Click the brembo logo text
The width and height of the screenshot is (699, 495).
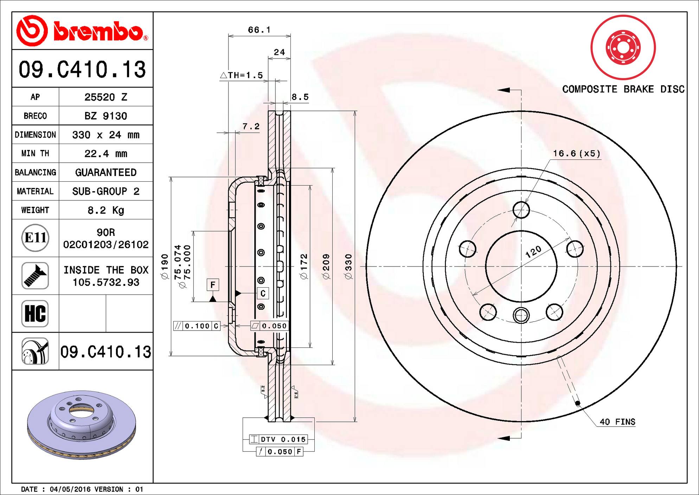pos(98,32)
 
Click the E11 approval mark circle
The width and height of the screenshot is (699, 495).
pos(35,238)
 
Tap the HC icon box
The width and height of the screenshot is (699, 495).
pos(35,313)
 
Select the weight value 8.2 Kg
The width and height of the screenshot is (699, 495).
pos(106,210)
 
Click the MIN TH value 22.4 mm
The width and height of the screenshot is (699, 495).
pos(106,153)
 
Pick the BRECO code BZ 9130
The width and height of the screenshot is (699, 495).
pos(106,116)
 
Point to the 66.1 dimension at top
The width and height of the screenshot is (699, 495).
pos(259,30)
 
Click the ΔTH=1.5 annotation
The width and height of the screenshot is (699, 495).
pos(242,75)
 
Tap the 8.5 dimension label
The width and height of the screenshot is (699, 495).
pos(300,97)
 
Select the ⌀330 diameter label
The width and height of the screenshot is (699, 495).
pos(348,267)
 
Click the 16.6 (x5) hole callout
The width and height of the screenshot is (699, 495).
pos(577,153)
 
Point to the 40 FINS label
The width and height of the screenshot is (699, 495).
pos(617,422)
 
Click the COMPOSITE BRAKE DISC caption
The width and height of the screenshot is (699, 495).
pos(623,89)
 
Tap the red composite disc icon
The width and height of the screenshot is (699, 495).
pos(623,47)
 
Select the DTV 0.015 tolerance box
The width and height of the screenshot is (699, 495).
pos(278,439)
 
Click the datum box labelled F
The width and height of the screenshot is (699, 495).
pos(213,284)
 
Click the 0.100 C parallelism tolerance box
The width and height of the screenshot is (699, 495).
pos(197,326)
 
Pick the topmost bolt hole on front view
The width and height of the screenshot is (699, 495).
pos(521,210)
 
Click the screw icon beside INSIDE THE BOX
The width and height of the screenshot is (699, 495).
pos(35,276)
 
